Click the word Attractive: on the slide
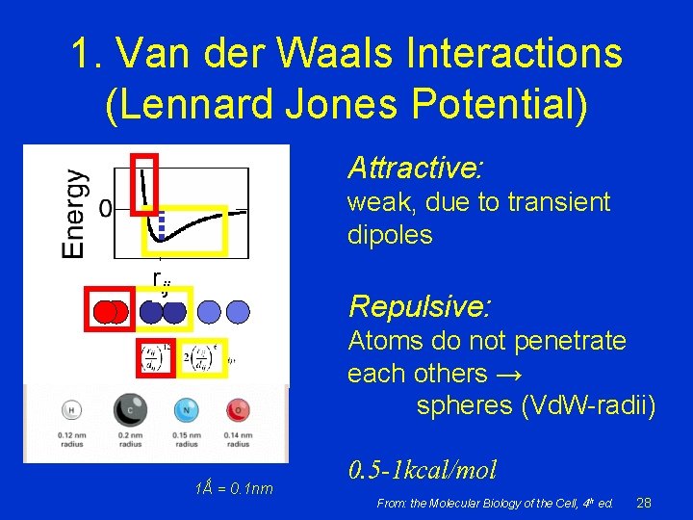[x=415, y=169]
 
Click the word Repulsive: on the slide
[x=420, y=306]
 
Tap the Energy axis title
[x=73, y=213]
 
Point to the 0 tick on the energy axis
[x=106, y=209]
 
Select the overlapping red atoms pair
[x=110, y=311]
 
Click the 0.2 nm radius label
[x=130, y=440]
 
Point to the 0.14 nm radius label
[x=237, y=440]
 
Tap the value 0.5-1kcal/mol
[x=423, y=471]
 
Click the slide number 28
[x=644, y=503]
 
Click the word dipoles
[x=390, y=235]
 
